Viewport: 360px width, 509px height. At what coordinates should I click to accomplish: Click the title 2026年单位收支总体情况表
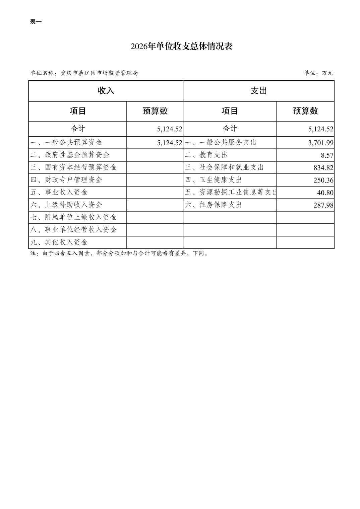(181, 46)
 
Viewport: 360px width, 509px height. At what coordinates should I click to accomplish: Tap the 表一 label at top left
(36, 22)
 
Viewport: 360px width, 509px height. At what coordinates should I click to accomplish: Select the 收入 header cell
(106, 91)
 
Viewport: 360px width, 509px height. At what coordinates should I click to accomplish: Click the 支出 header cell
(258, 91)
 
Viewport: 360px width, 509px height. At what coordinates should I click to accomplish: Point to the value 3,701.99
(320, 143)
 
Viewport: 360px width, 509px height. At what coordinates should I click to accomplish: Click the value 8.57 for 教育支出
(327, 155)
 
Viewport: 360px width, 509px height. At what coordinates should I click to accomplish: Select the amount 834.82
(323, 168)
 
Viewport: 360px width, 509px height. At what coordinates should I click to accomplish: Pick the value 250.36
(323, 180)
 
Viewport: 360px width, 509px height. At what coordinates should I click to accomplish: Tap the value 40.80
(325, 193)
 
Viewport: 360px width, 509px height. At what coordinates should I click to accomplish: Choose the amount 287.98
(323, 205)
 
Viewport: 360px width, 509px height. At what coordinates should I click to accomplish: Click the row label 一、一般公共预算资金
(66, 142)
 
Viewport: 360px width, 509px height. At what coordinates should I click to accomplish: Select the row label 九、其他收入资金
(59, 242)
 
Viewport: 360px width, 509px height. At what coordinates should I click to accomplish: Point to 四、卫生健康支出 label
(213, 180)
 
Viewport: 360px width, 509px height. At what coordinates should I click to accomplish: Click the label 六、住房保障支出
(213, 205)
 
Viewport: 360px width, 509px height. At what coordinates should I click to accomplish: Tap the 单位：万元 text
(318, 73)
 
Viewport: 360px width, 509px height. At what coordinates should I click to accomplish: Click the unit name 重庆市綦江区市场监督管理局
(99, 73)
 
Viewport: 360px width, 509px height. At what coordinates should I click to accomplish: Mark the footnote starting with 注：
(119, 253)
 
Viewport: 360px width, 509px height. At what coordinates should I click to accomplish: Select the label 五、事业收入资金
(59, 192)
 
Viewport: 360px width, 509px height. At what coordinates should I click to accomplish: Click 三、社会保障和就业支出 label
(224, 167)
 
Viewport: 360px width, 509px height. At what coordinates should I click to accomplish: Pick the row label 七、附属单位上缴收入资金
(73, 217)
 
